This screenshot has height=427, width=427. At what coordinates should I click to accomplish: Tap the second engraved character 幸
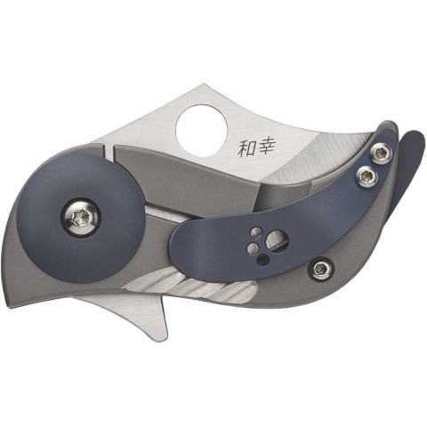point(266,146)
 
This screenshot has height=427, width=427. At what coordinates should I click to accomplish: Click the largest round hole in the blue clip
point(277,239)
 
